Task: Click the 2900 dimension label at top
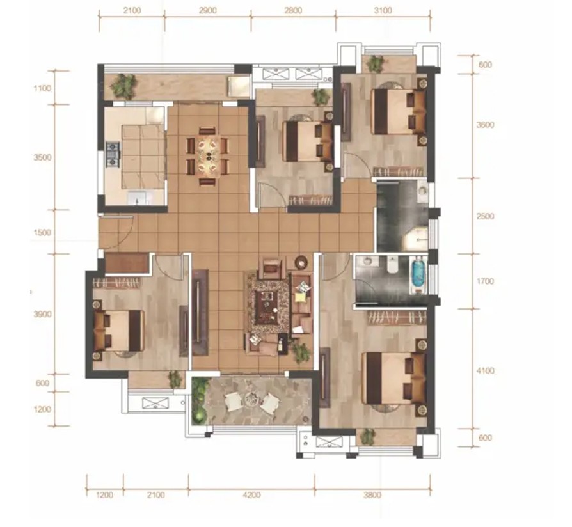click(x=208, y=10)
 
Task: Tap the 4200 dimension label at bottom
click(x=251, y=495)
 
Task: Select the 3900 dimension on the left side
click(x=42, y=314)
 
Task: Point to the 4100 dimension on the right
click(x=486, y=370)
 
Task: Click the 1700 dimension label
click(x=485, y=281)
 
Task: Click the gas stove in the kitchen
click(x=113, y=155)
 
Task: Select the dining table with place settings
click(x=207, y=155)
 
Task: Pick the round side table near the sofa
click(x=301, y=262)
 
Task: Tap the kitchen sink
click(x=138, y=198)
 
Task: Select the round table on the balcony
click(x=251, y=400)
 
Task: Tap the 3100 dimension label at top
click(x=383, y=10)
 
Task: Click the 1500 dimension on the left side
click(x=42, y=232)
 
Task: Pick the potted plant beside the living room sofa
click(x=301, y=352)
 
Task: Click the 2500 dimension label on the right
click(x=485, y=216)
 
